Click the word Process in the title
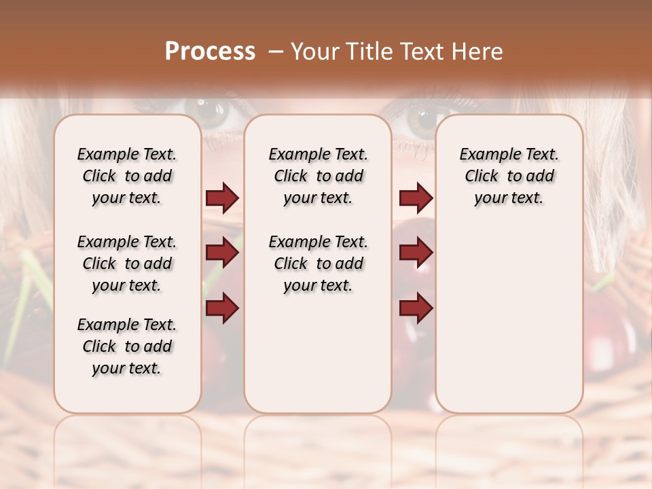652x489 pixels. pos(210,51)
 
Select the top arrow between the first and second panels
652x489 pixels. pos(222,198)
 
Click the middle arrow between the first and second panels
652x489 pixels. pos(222,253)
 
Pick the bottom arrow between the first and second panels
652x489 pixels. pos(222,308)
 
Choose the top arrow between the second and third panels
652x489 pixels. pos(416,198)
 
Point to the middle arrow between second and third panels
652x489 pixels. pos(416,253)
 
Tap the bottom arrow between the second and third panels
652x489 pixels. pos(416,308)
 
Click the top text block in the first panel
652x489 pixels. pos(127,176)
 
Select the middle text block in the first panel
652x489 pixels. pos(127,264)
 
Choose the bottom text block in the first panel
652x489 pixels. pos(127,346)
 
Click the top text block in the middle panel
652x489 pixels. pos(318,176)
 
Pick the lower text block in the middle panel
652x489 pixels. pos(318,264)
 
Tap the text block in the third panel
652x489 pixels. pos(509,176)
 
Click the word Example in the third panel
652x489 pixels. pos(485,155)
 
